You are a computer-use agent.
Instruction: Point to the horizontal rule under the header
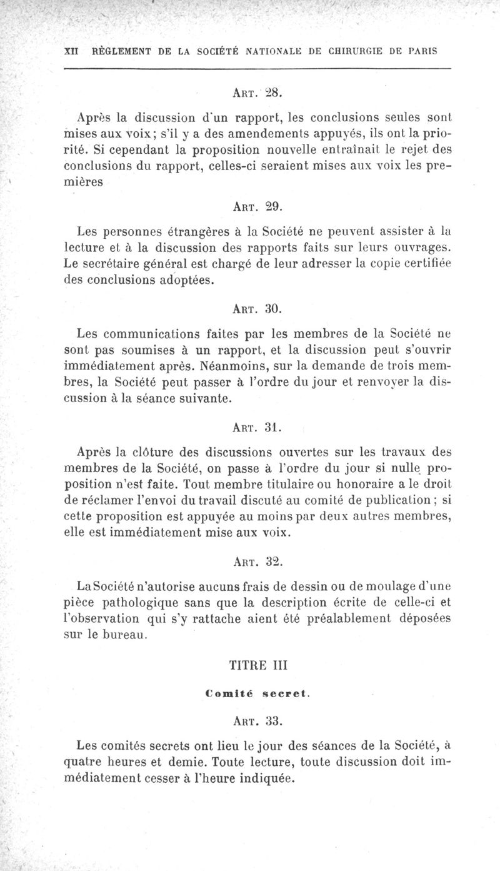click(257, 68)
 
